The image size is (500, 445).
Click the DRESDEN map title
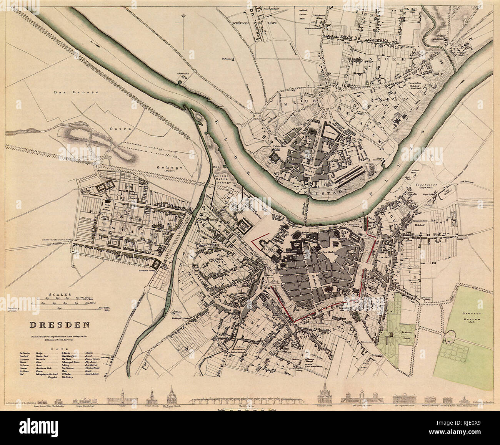(x=60, y=324)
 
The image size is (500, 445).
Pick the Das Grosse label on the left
(x=77, y=92)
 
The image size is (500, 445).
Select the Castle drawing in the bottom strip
(x=122, y=399)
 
